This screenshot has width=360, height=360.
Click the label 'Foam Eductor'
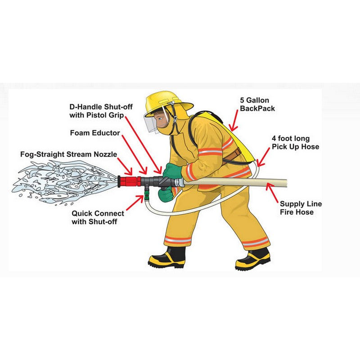[x=95, y=133]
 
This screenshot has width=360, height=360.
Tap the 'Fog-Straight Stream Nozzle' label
[x=69, y=154]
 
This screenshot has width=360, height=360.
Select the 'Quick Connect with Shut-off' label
[x=98, y=217]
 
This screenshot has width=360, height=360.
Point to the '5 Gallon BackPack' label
[x=257, y=104]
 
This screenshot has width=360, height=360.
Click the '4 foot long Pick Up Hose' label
[x=295, y=143]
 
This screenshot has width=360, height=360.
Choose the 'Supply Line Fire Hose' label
[x=301, y=208]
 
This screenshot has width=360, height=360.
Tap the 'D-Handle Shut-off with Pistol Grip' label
[x=101, y=111]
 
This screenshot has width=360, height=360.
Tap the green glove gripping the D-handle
[x=172, y=171]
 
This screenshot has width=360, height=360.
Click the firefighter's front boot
[x=167, y=257]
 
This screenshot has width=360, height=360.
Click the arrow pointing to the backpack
[x=234, y=121]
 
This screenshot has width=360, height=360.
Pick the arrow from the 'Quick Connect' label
[x=135, y=203]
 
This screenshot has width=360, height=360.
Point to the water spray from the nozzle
[x=65, y=182]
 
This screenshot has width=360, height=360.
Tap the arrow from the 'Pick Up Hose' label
[x=263, y=157]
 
